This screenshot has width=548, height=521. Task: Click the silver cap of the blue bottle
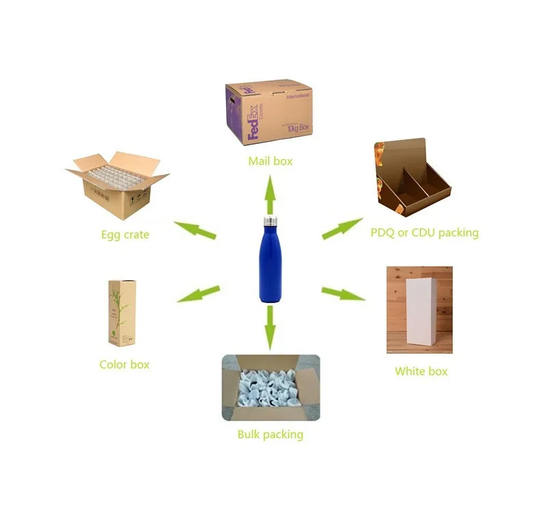click(269, 221)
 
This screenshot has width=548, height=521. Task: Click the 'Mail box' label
click(270, 161)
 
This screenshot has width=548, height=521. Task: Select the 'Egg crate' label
click(125, 235)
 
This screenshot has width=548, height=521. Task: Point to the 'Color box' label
click(124, 364)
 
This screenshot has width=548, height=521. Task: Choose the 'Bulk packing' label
click(270, 434)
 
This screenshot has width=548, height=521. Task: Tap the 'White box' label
click(421, 371)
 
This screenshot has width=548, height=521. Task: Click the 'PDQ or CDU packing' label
click(424, 232)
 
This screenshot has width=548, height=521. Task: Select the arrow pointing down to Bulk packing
click(270, 326)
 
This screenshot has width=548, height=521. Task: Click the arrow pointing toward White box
click(343, 293)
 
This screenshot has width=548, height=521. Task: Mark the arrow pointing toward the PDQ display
click(342, 228)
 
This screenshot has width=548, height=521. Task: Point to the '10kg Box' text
click(297, 128)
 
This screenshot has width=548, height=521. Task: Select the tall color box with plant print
click(122, 313)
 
